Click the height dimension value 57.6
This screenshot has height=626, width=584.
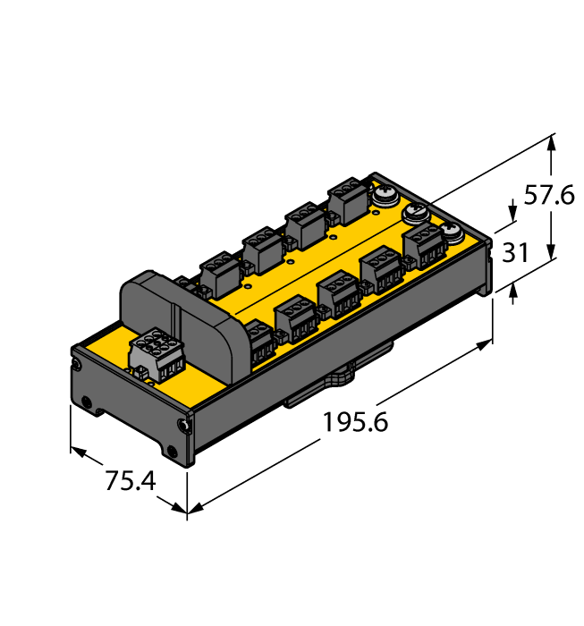click(548, 195)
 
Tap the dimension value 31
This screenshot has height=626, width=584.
click(515, 253)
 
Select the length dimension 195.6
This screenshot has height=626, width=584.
click(355, 421)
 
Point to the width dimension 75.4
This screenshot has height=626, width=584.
click(131, 481)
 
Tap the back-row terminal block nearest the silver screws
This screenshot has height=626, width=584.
click(347, 201)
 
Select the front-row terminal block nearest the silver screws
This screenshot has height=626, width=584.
click(422, 243)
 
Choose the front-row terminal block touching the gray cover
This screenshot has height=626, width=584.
click(258, 341)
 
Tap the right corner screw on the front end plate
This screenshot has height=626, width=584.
click(184, 426)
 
